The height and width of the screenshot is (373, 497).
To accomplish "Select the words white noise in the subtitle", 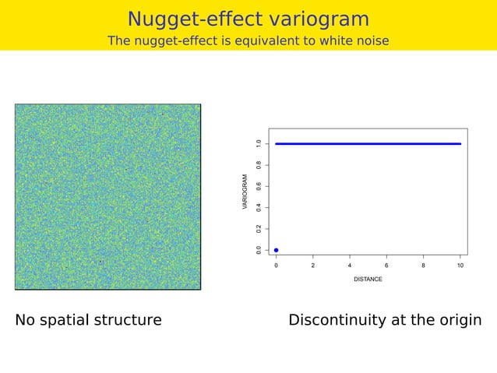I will click(x=354, y=40).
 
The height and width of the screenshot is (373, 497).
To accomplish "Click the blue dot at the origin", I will click(x=276, y=250).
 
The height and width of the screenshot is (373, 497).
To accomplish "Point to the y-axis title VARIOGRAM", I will click(x=245, y=192).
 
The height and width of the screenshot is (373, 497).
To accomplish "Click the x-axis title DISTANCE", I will click(x=368, y=279).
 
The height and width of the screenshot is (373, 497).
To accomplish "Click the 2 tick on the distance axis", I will click(x=312, y=266).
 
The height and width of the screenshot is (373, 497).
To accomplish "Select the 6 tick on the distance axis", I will click(x=386, y=266).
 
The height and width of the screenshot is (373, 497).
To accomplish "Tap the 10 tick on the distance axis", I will click(x=460, y=266).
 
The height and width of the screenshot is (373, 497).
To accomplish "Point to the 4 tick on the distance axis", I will click(x=350, y=266).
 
